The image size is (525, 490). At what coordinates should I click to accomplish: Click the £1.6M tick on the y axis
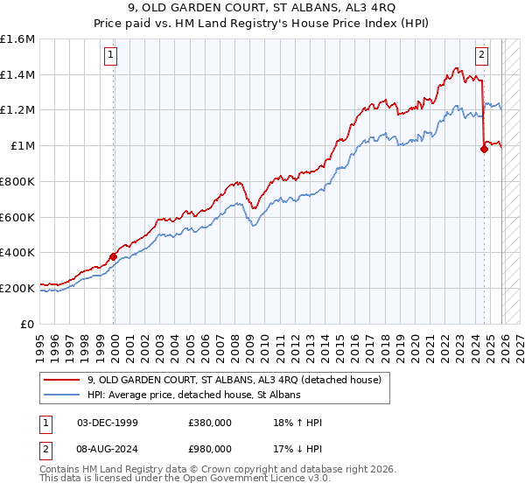17,39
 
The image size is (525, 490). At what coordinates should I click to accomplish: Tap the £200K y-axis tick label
17,288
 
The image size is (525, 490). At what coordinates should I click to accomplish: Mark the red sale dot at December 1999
113,256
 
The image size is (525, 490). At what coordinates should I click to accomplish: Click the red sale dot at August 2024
483,150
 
